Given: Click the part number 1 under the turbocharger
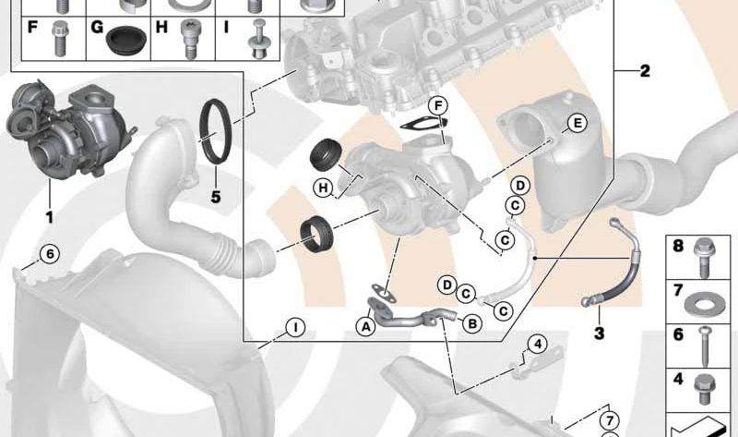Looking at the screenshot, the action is pyautogui.click(x=49, y=217).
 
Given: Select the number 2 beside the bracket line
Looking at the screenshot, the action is pyautogui.click(x=645, y=71).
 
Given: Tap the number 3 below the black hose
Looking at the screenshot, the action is pyautogui.click(x=599, y=334).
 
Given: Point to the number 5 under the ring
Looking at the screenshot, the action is pyautogui.click(x=216, y=197).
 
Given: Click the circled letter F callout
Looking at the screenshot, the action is pyautogui.click(x=438, y=105).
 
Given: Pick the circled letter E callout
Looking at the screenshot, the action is pyautogui.click(x=577, y=124).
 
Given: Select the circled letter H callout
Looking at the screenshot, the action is pyautogui.click(x=324, y=188).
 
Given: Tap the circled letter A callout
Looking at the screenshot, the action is pyautogui.click(x=365, y=326).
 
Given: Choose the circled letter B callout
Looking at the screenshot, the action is pyautogui.click(x=472, y=323).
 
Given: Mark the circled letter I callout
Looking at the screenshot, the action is pyautogui.click(x=295, y=327).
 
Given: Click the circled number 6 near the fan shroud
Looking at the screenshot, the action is pyautogui.click(x=50, y=254).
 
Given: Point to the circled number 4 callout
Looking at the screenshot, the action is pyautogui.click(x=538, y=344).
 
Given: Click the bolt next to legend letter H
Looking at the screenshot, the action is pyautogui.click(x=189, y=40).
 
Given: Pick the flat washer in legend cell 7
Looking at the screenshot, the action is pyautogui.click(x=702, y=306).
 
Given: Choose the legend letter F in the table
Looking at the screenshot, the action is pyautogui.click(x=32, y=27).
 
